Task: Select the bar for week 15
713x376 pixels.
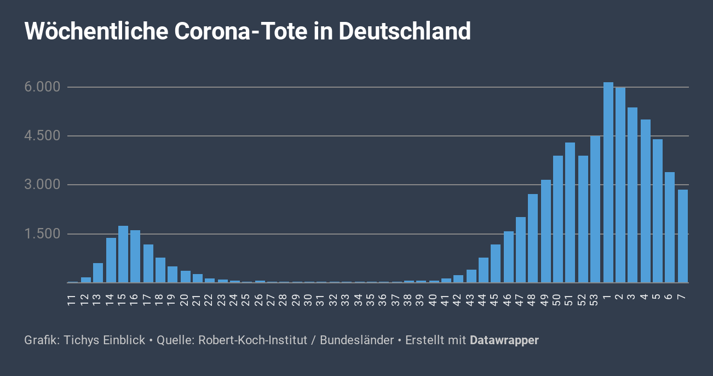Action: point(123,254)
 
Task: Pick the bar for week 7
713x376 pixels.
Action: point(682,236)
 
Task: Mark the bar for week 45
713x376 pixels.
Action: point(496,264)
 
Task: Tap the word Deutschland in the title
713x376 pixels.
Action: point(405,31)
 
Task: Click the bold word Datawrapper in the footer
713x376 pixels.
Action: point(504,340)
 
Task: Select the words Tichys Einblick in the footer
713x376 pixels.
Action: point(105,340)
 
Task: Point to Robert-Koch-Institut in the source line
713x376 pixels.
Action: point(252,340)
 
